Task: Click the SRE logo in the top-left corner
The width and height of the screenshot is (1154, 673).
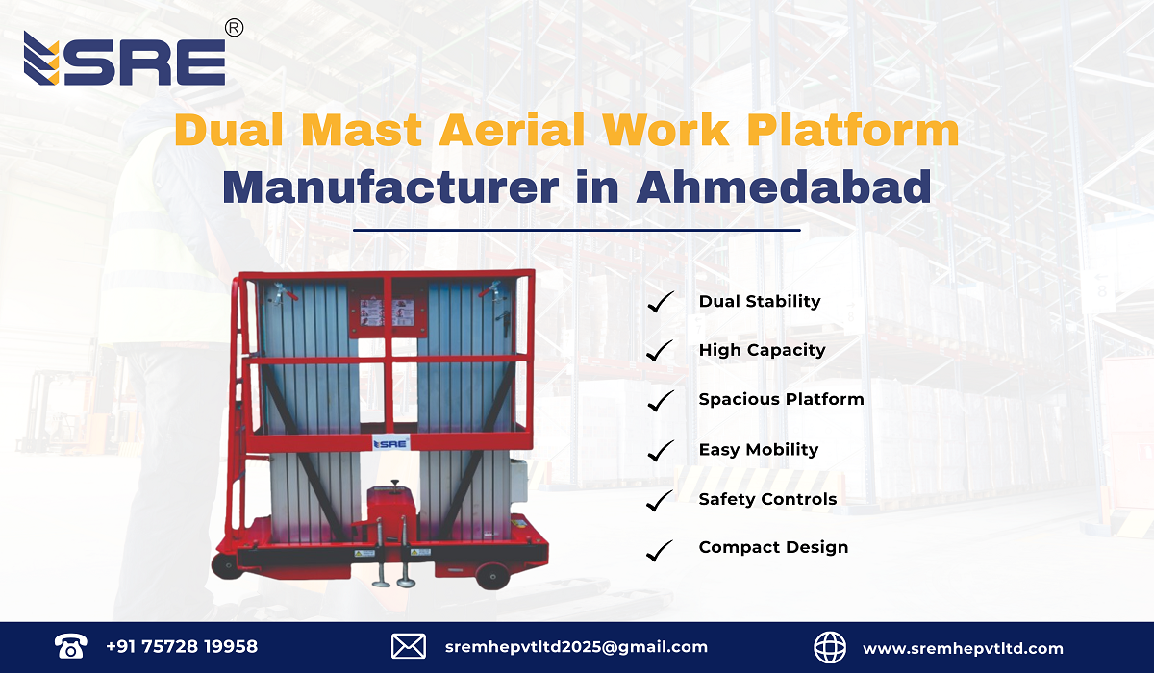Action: (x=124, y=60)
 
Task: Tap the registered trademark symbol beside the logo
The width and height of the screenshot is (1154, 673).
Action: (x=233, y=29)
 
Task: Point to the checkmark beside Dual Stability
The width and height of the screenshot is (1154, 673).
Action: (x=660, y=302)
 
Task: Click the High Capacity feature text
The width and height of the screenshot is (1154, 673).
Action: (x=762, y=350)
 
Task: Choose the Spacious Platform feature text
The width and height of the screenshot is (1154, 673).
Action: (x=781, y=399)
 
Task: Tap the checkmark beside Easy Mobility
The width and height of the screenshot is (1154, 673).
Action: (x=660, y=450)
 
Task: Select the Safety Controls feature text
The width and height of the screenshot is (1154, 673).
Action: (x=767, y=499)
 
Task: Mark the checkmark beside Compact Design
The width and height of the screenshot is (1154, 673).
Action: (x=660, y=549)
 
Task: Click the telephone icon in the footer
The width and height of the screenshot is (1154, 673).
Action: (x=71, y=647)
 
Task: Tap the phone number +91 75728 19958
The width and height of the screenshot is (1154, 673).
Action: (x=182, y=647)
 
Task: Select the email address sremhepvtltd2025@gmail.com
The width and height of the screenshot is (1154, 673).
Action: (x=576, y=647)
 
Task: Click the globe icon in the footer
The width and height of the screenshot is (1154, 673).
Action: (x=831, y=647)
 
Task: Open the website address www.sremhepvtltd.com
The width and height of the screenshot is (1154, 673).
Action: (x=963, y=648)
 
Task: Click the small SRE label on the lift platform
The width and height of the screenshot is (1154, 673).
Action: (x=391, y=443)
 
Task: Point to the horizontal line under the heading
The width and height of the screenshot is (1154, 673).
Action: (x=577, y=231)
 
